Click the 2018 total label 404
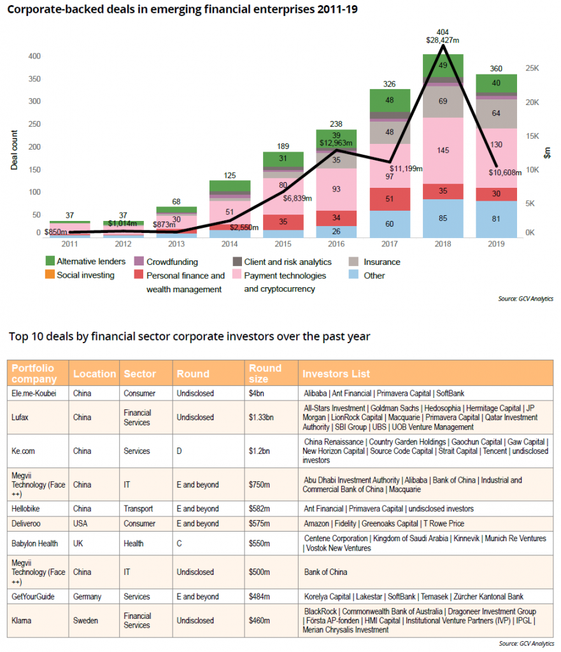pos(443,31)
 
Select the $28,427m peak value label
pos(443,39)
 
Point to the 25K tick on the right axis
pos(532,68)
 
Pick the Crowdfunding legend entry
pos(172,262)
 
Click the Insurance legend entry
pos(381,262)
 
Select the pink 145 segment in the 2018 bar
pos(443,151)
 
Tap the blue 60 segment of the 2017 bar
pos(388,224)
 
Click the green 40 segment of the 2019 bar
pos(497,83)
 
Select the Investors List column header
pos(336,374)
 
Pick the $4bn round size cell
pos(256,393)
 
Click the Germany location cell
pos(87,597)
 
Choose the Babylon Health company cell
pos(35,544)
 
